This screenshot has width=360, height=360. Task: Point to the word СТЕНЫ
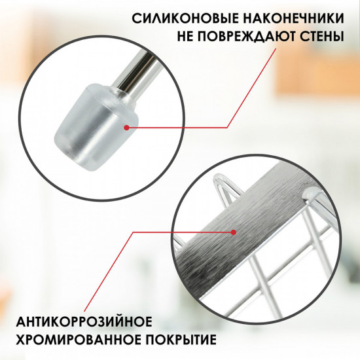point(321,36)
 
